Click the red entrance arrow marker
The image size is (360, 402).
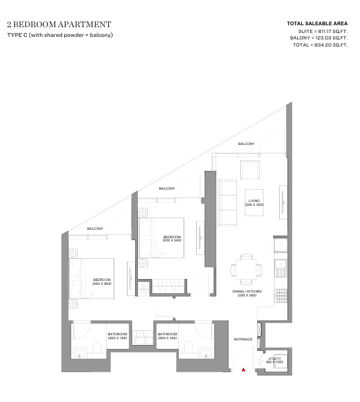pyautogui.click(x=243, y=370)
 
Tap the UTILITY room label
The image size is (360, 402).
pyautogui.click(x=275, y=359)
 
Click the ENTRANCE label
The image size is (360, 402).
pyautogui.click(x=243, y=339)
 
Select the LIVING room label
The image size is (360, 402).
pyautogui.click(x=254, y=201)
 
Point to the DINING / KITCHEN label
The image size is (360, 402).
pyautogui.click(x=247, y=291)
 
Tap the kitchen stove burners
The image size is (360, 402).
pyautogui.click(x=281, y=296)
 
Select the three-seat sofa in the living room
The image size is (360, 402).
pyautogui.click(x=227, y=203)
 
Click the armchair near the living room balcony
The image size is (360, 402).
pyautogui.click(x=250, y=170)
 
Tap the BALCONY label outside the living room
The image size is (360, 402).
pyautogui.click(x=246, y=144)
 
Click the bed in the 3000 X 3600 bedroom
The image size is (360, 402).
pyautogui.click(x=91, y=278)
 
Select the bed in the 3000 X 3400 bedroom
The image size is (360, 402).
pyautogui.click(x=161, y=238)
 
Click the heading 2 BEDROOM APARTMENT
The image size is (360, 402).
pyautogui.click(x=59, y=25)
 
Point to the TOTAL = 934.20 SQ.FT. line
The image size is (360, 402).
pyautogui.click(x=321, y=45)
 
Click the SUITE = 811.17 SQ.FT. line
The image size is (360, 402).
pyautogui.click(x=323, y=32)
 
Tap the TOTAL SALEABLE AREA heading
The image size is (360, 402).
pyautogui.click(x=317, y=23)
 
